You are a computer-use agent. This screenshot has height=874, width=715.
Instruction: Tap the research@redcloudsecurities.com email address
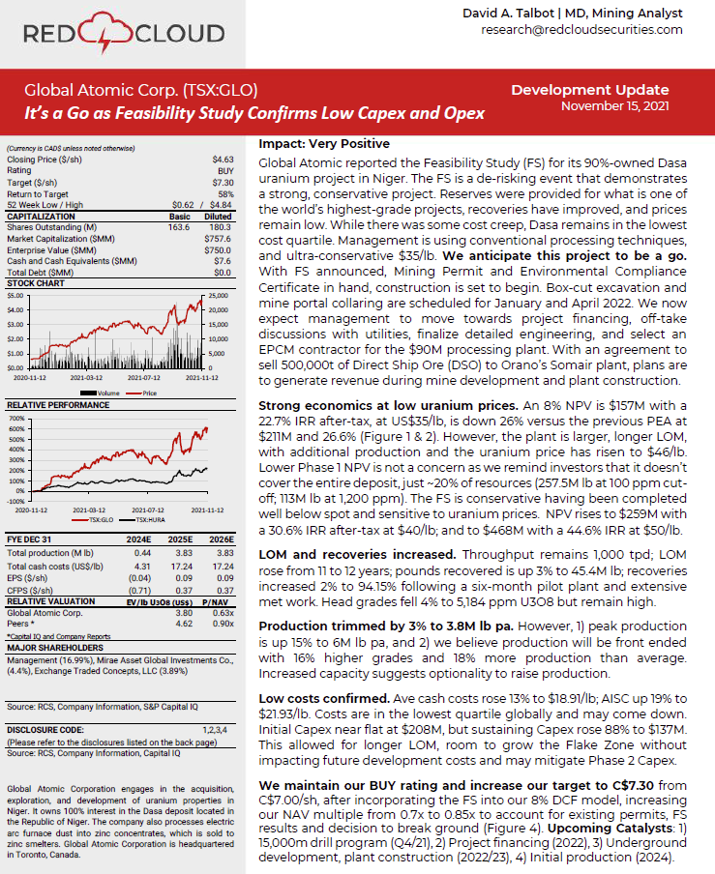581,30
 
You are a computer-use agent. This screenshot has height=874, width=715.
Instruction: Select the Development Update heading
589,90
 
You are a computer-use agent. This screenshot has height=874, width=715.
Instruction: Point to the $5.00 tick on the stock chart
18,295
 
